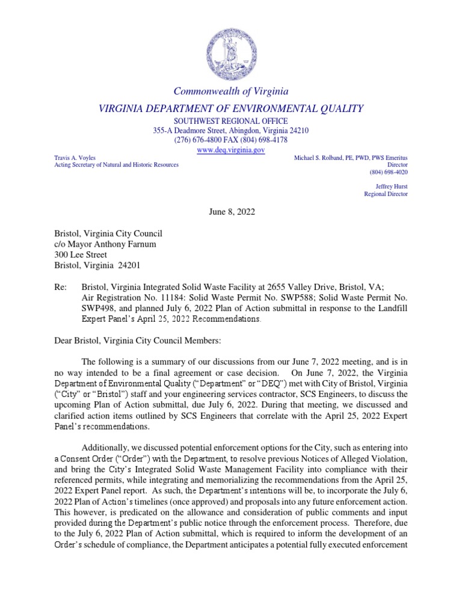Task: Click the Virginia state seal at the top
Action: pos(231,53)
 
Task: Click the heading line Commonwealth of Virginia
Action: pos(231,91)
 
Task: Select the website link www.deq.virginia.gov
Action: pos(231,150)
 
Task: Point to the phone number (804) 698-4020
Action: pos(386,171)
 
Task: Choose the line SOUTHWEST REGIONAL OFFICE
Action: pos(231,121)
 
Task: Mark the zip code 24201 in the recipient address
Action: pos(132,265)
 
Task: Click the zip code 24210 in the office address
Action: pos(297,131)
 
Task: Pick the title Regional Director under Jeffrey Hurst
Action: pos(386,194)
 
